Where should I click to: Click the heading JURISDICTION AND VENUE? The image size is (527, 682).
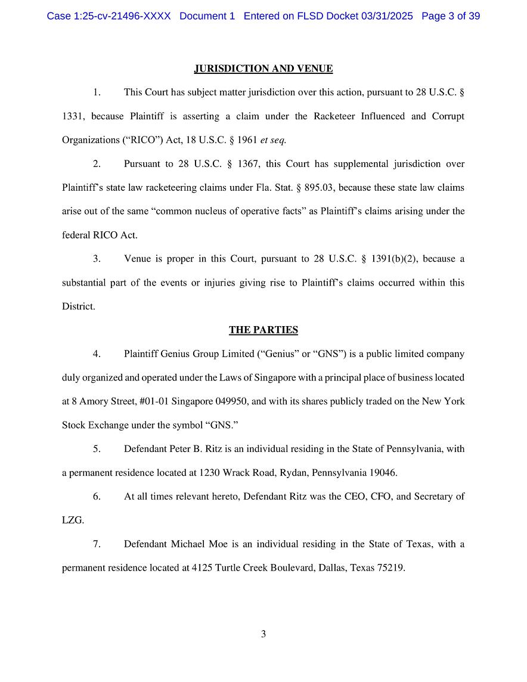point(263,69)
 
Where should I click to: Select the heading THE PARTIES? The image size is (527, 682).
point(263,330)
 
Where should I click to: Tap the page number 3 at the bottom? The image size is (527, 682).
point(263,634)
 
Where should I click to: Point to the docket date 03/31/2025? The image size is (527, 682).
point(386,16)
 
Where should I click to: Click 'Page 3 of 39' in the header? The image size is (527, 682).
point(451,16)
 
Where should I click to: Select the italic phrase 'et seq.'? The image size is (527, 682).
point(274,140)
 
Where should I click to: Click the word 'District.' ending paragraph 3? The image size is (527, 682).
point(79,306)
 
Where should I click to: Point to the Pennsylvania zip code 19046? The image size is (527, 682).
point(384,473)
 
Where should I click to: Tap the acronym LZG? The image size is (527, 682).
point(73,520)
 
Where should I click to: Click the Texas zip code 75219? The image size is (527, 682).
point(391,568)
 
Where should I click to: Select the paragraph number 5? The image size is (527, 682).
point(97,449)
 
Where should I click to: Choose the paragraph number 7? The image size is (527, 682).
point(97,544)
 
